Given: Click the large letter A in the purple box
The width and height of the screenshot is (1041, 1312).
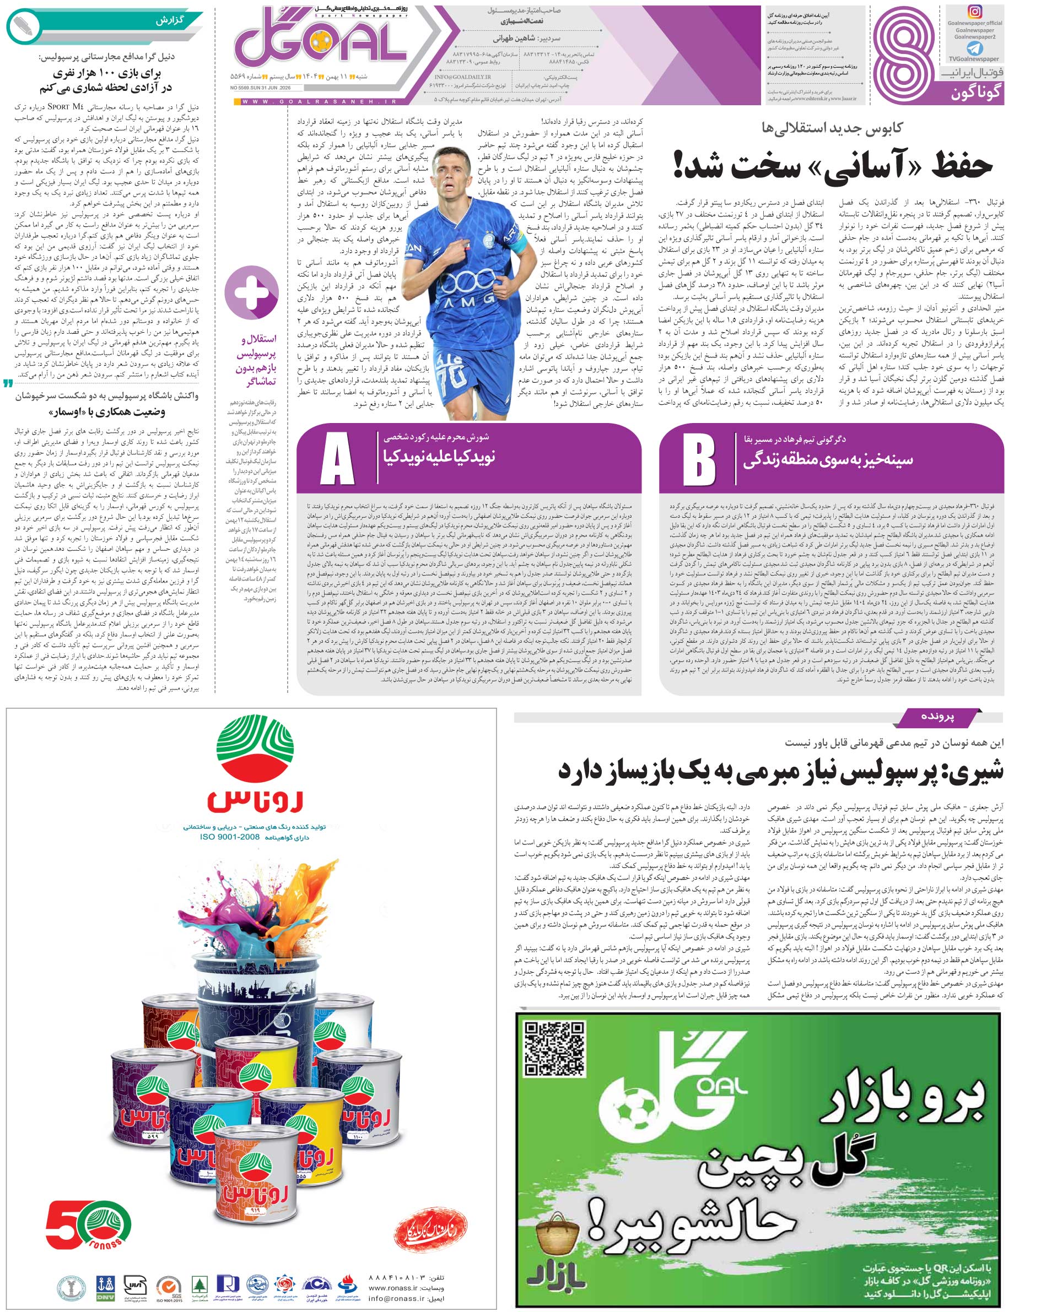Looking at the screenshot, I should pyautogui.click(x=337, y=458).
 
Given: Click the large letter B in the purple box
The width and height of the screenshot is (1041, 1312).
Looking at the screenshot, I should pyautogui.click(x=699, y=458).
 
